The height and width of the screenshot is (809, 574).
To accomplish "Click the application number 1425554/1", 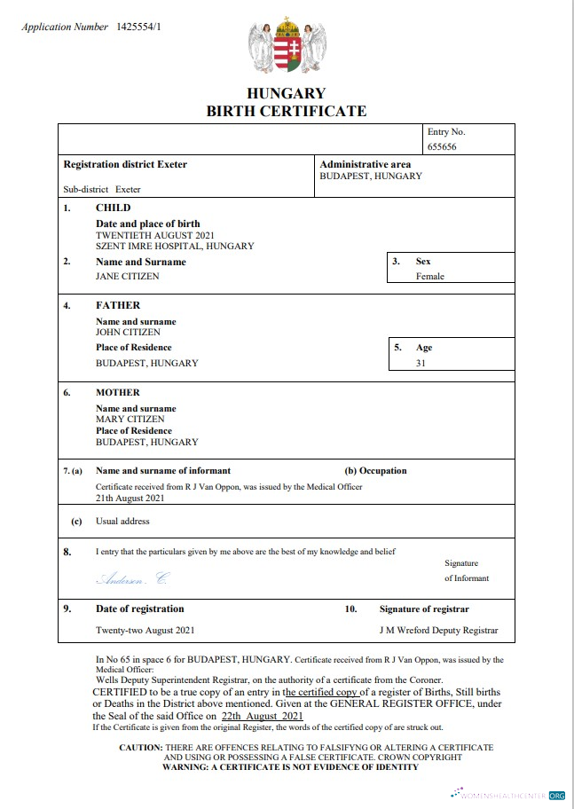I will coord(138,27).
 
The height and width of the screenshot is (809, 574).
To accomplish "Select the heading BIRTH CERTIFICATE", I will coord(286,111).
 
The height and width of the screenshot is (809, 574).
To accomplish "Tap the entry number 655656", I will coord(442,147).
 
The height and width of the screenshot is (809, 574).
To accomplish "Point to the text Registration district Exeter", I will coord(125,164).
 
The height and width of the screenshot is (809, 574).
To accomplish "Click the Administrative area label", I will coord(365,164).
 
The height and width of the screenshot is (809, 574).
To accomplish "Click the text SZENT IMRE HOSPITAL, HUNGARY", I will coord(175,246).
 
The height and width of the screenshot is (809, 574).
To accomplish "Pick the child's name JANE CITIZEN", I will coord(129,276).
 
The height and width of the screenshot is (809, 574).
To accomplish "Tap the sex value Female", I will coord(430,276).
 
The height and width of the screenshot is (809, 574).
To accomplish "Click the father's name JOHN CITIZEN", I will coord(129,333).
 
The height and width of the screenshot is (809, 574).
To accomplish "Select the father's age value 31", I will coord(421,363).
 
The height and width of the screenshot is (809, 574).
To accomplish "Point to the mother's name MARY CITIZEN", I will coord(130,419).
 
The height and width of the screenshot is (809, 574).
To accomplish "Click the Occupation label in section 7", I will coord(375,471).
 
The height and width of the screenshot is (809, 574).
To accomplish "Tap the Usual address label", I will coord(122,522).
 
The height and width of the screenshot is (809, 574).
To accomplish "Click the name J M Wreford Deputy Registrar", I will coord(437,630).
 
